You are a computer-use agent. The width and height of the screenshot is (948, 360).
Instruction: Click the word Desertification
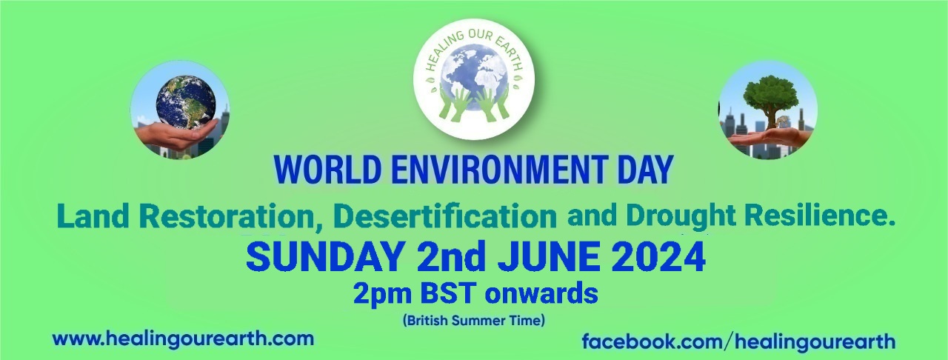pyautogui.click(x=445, y=216)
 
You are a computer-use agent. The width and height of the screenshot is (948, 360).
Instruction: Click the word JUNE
pyautogui.click(x=549, y=257)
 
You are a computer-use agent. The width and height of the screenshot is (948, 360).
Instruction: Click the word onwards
pyautogui.click(x=541, y=293)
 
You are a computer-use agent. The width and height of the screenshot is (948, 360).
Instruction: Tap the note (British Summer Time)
pyautogui.click(x=473, y=320)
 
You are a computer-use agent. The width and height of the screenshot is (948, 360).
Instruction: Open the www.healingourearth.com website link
pyautogui.click(x=183, y=339)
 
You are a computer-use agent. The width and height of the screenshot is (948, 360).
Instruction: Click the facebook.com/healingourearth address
pyautogui.click(x=738, y=341)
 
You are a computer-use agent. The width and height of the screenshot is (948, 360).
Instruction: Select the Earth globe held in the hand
pyautogui.click(x=186, y=102)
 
